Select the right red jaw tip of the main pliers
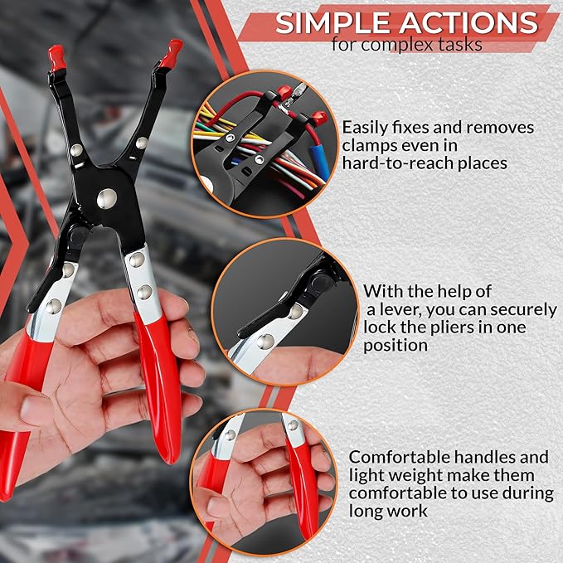pos(172,53)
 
